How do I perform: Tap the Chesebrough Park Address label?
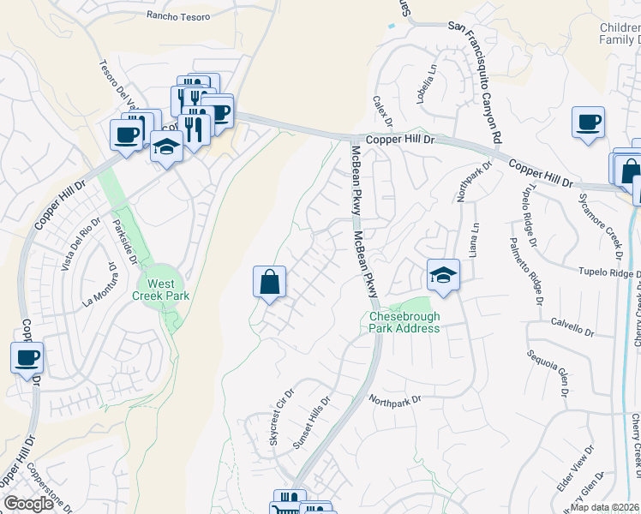tap(404, 322)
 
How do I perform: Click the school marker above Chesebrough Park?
tap(442, 276)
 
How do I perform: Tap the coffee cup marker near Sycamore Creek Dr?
tap(589, 123)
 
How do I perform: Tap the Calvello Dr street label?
tap(572, 329)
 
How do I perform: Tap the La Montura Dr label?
tap(99, 290)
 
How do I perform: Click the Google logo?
tap(28, 504)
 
